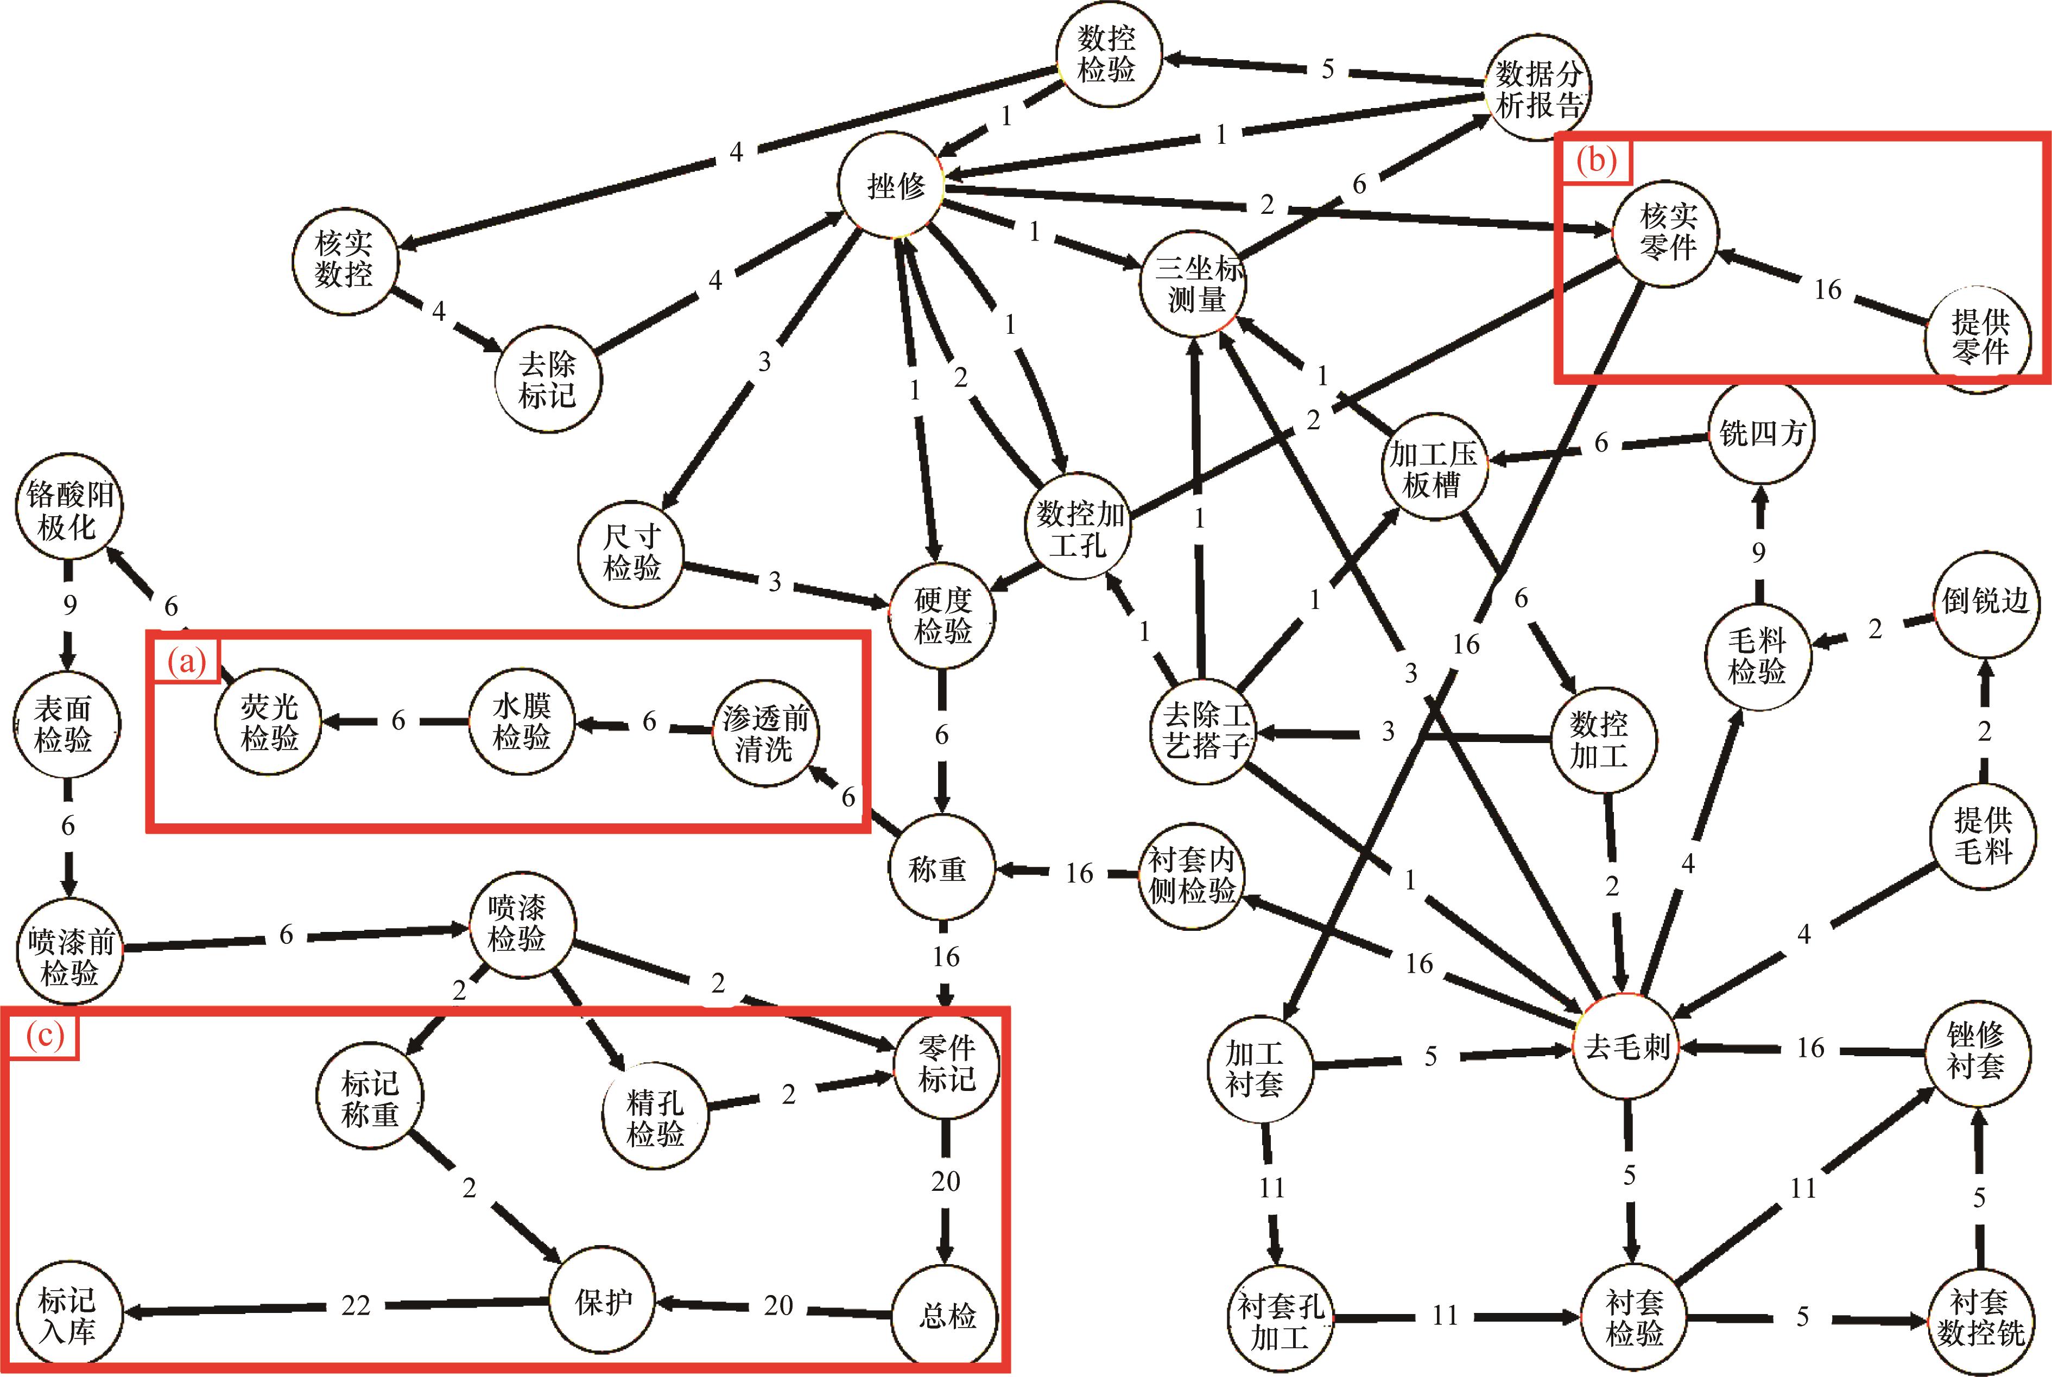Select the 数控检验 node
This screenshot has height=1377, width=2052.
pyautogui.click(x=1107, y=54)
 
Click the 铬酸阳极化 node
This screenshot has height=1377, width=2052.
pyautogui.click(x=68, y=509)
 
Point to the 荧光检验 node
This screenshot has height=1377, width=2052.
pyautogui.click(x=269, y=722)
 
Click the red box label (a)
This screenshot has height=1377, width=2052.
pyautogui.click(x=185, y=661)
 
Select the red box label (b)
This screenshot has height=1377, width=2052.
pyautogui.click(x=1596, y=161)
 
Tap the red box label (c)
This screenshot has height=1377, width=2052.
pyautogui.click(x=44, y=1036)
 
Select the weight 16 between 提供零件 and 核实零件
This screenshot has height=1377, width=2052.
pyautogui.click(x=1827, y=289)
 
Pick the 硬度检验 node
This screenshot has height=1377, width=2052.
pyautogui.click(x=942, y=615)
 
